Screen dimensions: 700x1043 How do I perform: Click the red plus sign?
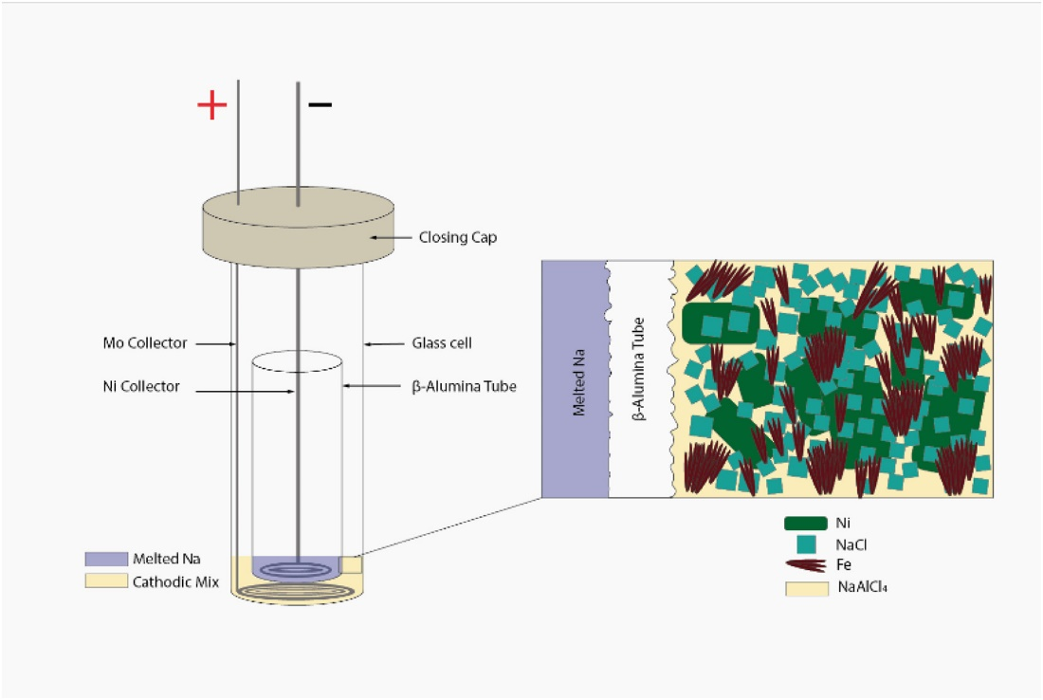pos(211,104)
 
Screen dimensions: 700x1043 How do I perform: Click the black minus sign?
pos(320,103)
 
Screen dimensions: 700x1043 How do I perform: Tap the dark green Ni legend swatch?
pos(802,523)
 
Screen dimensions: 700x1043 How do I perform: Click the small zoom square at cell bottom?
pos(352,564)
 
